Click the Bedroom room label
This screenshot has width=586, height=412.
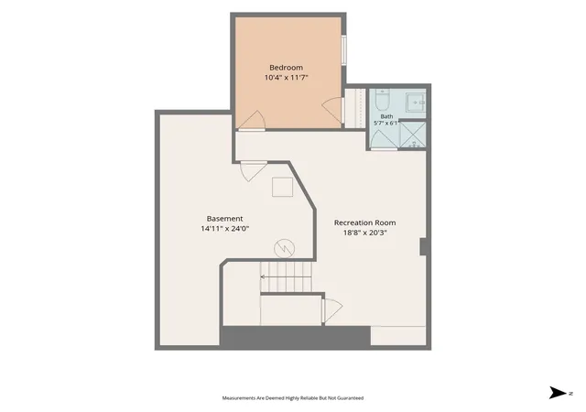(x=287, y=68)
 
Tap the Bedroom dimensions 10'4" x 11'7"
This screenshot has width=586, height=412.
(x=287, y=78)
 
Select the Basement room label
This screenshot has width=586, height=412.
(x=224, y=219)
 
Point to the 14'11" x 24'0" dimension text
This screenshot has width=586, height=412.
(x=225, y=229)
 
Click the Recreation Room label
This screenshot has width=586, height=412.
(x=364, y=222)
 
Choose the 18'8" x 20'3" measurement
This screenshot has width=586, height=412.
(x=364, y=233)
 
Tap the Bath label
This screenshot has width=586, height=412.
(x=386, y=116)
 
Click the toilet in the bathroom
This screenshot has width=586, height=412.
(x=383, y=100)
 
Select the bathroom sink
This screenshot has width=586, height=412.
(x=416, y=102)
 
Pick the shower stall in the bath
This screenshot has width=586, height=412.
(x=413, y=135)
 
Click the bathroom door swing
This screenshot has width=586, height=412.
(x=384, y=140)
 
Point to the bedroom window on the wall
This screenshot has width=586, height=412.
(x=344, y=50)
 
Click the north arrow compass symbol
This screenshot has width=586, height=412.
(x=558, y=393)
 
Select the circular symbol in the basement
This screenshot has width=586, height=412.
(x=285, y=248)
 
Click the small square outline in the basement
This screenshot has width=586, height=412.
(x=282, y=187)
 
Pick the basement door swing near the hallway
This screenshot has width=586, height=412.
(x=254, y=171)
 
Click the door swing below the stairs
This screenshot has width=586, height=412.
(x=332, y=310)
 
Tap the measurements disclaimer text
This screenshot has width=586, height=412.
(x=293, y=398)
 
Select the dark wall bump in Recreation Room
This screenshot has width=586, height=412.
(x=423, y=247)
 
